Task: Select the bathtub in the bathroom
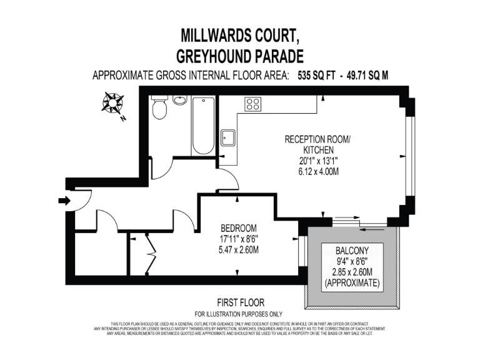click(202, 126)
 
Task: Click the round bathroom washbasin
click(180, 101)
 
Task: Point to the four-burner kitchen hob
click(253, 104)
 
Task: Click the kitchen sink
click(228, 137)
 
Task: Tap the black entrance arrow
click(62, 201)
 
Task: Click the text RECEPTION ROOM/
click(317, 139)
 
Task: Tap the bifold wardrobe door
click(150, 254)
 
